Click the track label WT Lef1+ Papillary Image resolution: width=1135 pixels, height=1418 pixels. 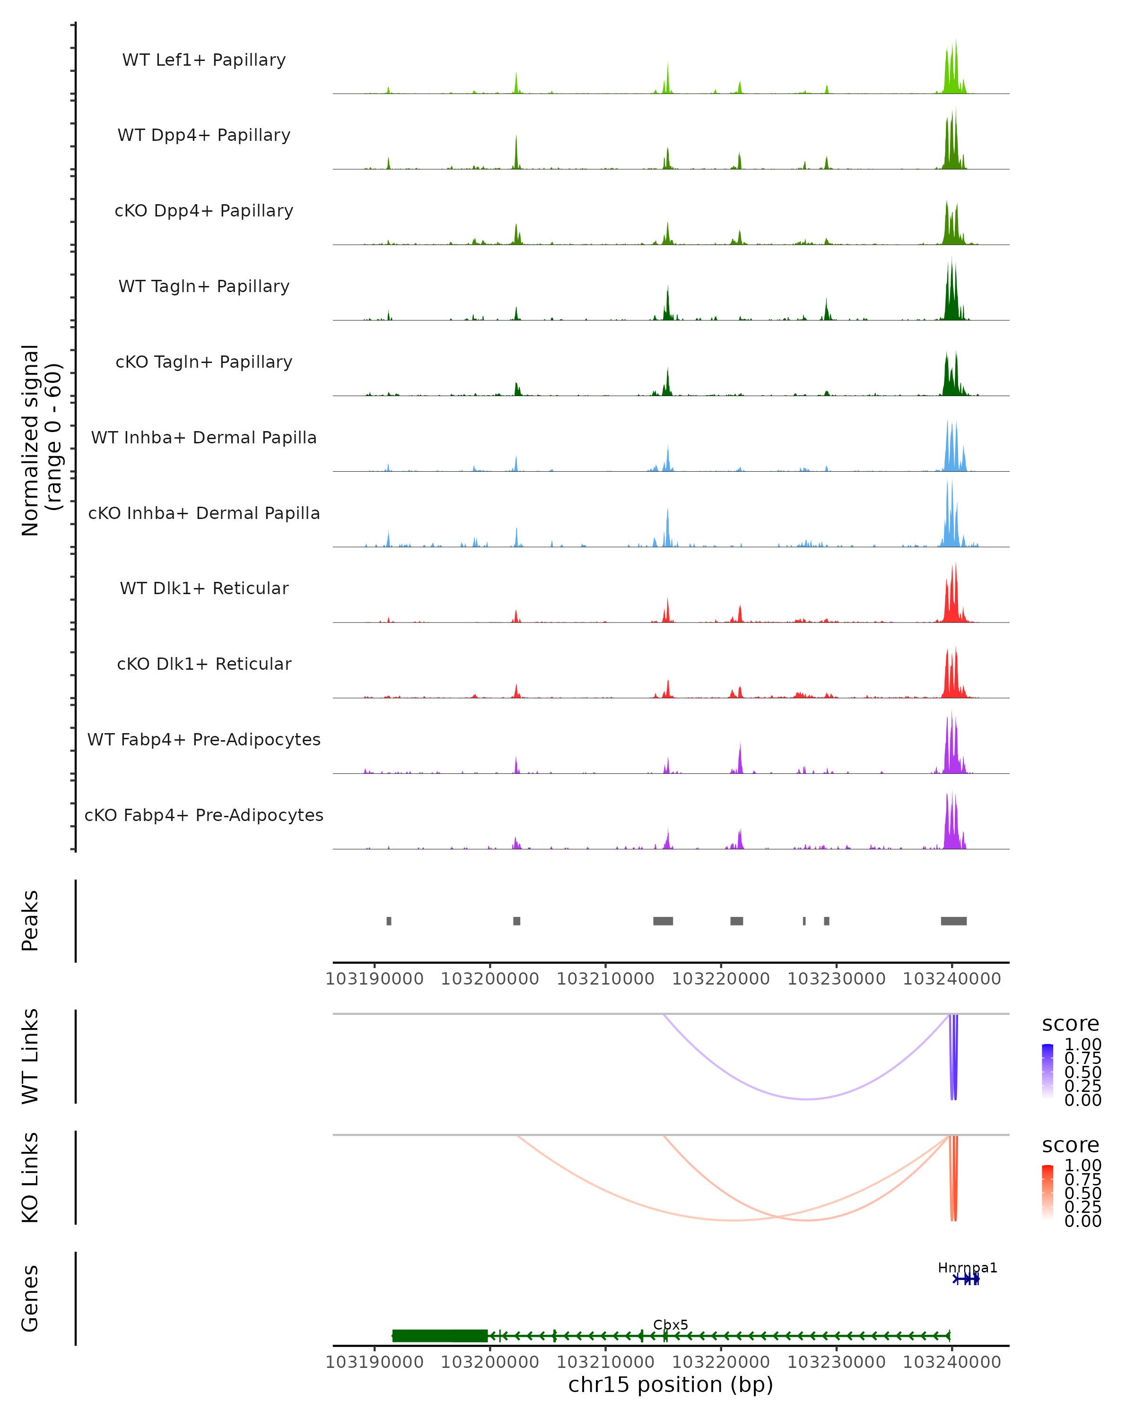point(204,60)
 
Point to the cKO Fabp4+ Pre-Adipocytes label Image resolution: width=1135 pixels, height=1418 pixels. point(204,815)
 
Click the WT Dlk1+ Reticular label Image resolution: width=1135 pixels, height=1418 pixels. point(204,588)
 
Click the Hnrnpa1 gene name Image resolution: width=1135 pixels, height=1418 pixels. point(967,1267)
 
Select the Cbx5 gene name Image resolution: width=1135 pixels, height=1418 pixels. point(671,1324)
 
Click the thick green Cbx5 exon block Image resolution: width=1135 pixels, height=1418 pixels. point(439,1336)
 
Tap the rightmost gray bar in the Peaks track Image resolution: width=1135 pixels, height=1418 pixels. point(953,921)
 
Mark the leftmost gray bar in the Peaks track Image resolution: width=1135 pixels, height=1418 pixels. point(389,921)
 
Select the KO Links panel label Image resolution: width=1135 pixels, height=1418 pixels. point(30,1177)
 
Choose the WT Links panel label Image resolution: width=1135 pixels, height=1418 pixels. point(30,1056)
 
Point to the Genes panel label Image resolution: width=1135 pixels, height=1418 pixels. point(30,1298)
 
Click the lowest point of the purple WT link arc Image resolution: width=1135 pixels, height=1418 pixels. point(807,1099)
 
